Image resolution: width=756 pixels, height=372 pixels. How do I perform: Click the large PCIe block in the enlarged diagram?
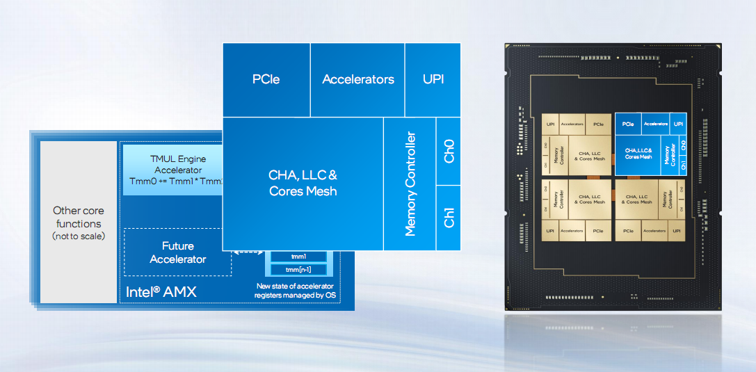[x=266, y=79]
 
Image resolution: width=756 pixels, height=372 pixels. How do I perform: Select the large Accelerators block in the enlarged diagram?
[x=357, y=79]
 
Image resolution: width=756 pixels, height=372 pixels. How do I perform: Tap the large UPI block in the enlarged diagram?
[x=433, y=79]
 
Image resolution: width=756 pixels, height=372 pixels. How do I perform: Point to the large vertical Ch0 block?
[x=449, y=151]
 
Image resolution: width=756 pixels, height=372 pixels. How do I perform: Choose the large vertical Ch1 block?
[x=449, y=217]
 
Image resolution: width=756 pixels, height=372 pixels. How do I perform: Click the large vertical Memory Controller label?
[x=410, y=184]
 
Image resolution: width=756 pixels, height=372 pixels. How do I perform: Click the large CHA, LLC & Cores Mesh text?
[x=303, y=183]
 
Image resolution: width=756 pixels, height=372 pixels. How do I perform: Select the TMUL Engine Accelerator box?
[x=172, y=170]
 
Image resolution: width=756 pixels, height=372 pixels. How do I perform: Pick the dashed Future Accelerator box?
[x=178, y=252]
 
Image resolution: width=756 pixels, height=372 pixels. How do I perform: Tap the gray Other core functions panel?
[x=78, y=223]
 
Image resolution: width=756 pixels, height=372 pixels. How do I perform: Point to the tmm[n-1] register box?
[x=298, y=269]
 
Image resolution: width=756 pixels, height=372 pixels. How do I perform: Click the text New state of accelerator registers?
[x=295, y=291]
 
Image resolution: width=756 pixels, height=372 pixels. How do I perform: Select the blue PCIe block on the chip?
[x=628, y=124]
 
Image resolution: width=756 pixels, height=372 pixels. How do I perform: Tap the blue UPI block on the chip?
[x=678, y=124]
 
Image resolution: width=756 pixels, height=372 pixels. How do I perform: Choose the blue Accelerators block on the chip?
[x=655, y=124]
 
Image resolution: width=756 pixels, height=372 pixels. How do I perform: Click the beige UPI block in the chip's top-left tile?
[x=551, y=124]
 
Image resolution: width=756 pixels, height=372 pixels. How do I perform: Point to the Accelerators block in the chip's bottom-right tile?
[x=655, y=230]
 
